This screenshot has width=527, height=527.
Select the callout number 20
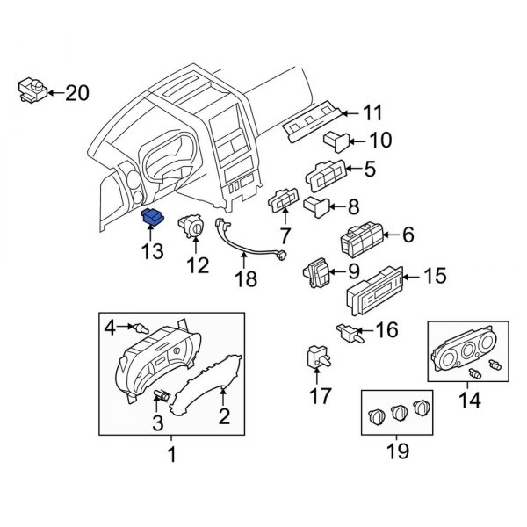pos(77,91)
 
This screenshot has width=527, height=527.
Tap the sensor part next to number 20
pos(31,89)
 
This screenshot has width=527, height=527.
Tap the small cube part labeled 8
pos(317,206)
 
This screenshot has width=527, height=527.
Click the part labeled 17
pos(318,357)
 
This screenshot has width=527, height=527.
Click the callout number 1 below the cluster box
pos(171,455)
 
